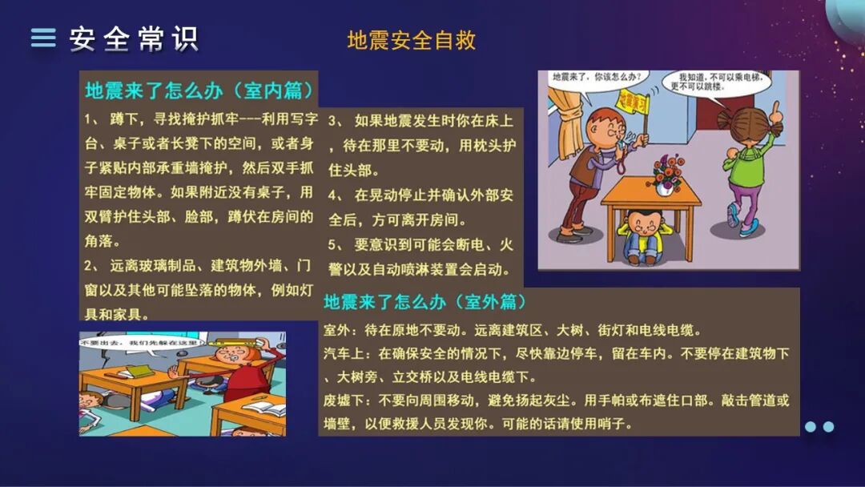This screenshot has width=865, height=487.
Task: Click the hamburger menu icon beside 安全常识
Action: pos(43,38)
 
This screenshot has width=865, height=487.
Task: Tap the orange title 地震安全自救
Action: pos(412,40)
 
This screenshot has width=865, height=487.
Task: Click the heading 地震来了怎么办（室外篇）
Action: pos(425,302)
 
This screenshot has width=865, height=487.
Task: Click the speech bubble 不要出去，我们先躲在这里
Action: pos(136,343)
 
